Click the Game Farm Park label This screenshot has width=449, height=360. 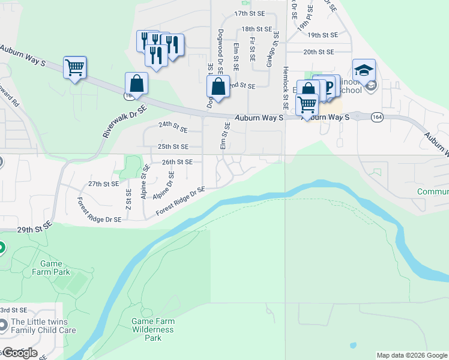[x=55, y=268]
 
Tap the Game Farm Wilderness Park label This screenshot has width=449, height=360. [x=153, y=329]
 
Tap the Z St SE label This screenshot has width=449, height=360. [x=128, y=200]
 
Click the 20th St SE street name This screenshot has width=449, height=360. [x=318, y=52]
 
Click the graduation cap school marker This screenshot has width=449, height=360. [x=364, y=70]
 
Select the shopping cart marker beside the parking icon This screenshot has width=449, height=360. [x=307, y=104]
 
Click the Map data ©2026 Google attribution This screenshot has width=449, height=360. [x=412, y=355]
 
